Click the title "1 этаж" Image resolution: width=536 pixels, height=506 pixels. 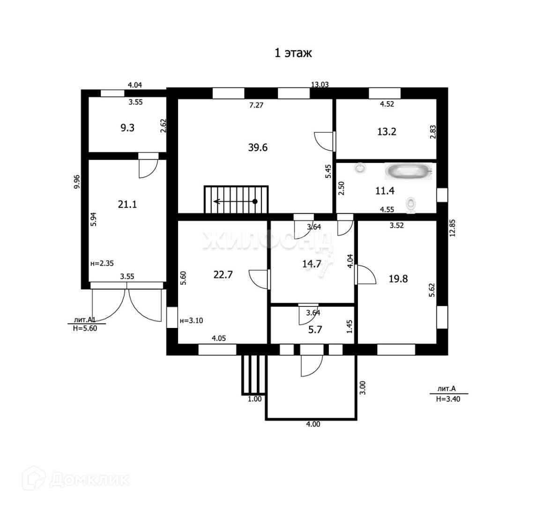click(x=293, y=53)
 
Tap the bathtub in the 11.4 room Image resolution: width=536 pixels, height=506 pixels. click(x=407, y=171)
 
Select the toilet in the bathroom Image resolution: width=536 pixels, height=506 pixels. click(x=411, y=205)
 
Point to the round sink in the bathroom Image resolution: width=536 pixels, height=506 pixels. click(x=360, y=168)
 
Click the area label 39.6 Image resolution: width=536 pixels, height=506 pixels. click(x=258, y=148)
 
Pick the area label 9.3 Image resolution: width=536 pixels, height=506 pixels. click(x=127, y=127)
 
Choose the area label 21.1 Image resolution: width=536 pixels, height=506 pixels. click(x=127, y=204)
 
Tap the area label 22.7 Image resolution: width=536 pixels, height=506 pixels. click(x=223, y=275)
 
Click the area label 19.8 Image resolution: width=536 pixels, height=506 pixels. click(x=398, y=279)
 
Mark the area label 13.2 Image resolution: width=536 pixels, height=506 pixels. click(x=387, y=132)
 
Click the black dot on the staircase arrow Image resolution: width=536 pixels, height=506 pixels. click(x=255, y=201)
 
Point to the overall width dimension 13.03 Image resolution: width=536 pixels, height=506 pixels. click(x=320, y=85)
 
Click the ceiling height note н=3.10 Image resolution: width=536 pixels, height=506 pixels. click(x=191, y=321)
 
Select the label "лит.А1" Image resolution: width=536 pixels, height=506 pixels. click(x=85, y=320)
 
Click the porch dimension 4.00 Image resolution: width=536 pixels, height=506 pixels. click(x=313, y=424)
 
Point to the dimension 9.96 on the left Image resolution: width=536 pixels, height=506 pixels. click(x=77, y=181)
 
